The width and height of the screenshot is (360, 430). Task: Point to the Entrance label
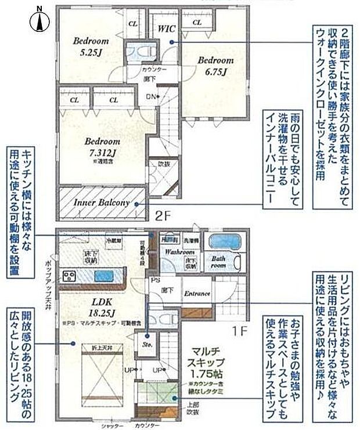point(197,294)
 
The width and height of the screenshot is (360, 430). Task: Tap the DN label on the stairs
point(152,96)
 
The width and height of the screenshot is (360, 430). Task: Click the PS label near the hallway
point(155,279)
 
